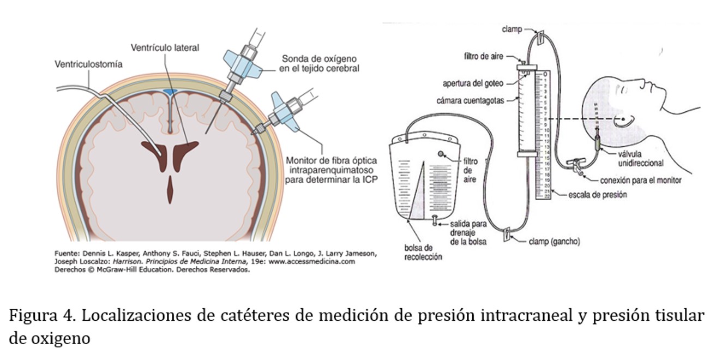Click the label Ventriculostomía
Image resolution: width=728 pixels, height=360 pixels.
point(88,64)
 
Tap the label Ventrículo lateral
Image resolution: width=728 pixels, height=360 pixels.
point(165,48)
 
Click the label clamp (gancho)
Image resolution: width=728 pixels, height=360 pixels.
point(554,241)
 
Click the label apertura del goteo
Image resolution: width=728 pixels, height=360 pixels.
point(480,83)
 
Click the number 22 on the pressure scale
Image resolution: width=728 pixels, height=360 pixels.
point(545,197)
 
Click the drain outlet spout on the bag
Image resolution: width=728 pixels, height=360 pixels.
point(435,220)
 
